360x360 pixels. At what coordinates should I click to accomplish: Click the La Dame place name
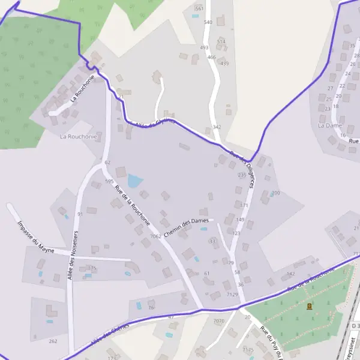329,125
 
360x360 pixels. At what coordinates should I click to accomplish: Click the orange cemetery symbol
310,307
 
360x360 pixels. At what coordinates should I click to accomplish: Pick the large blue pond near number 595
135,181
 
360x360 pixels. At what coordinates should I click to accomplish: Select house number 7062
156,236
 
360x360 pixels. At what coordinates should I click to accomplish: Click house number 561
199,8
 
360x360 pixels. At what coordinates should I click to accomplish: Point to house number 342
217,127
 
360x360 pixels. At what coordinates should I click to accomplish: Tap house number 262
53,341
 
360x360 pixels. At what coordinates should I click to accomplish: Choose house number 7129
233,295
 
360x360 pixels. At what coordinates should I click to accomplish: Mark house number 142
291,274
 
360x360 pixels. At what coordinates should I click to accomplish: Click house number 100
276,193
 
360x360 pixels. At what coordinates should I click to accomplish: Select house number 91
80,214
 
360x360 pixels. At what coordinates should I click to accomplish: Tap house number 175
92,268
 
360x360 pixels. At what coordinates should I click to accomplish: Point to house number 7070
218,321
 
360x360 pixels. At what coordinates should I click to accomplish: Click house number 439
224,64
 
